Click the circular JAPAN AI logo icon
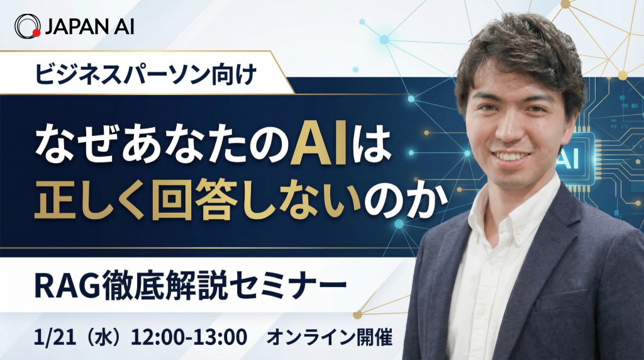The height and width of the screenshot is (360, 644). [28, 26]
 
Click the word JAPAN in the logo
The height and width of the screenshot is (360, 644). [80, 26]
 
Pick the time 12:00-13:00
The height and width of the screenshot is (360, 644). [189, 337]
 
